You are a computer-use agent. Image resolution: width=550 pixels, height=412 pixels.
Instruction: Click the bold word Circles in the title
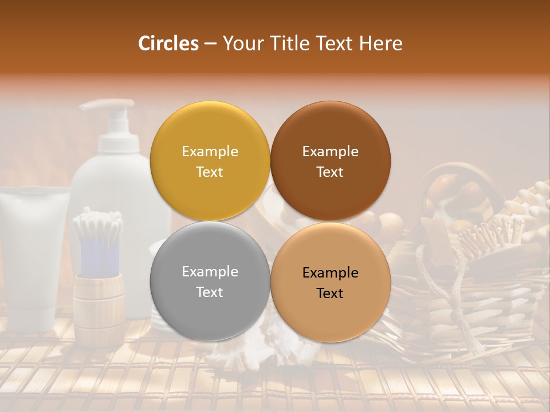[x=168, y=43]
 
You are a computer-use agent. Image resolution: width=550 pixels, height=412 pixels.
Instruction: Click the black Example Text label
[x=330, y=283]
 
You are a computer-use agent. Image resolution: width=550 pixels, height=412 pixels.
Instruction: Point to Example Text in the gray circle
[x=210, y=282]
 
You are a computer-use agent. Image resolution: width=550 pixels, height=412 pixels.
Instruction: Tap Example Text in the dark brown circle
[x=330, y=161]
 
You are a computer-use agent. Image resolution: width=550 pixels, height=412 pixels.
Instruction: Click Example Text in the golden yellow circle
[x=210, y=161]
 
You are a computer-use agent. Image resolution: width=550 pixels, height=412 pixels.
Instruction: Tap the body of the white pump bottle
[x=109, y=183]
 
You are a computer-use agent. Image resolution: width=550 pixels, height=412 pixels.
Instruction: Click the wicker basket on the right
[x=493, y=298]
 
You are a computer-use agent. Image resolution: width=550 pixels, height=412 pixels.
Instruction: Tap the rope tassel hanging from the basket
[x=458, y=309]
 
